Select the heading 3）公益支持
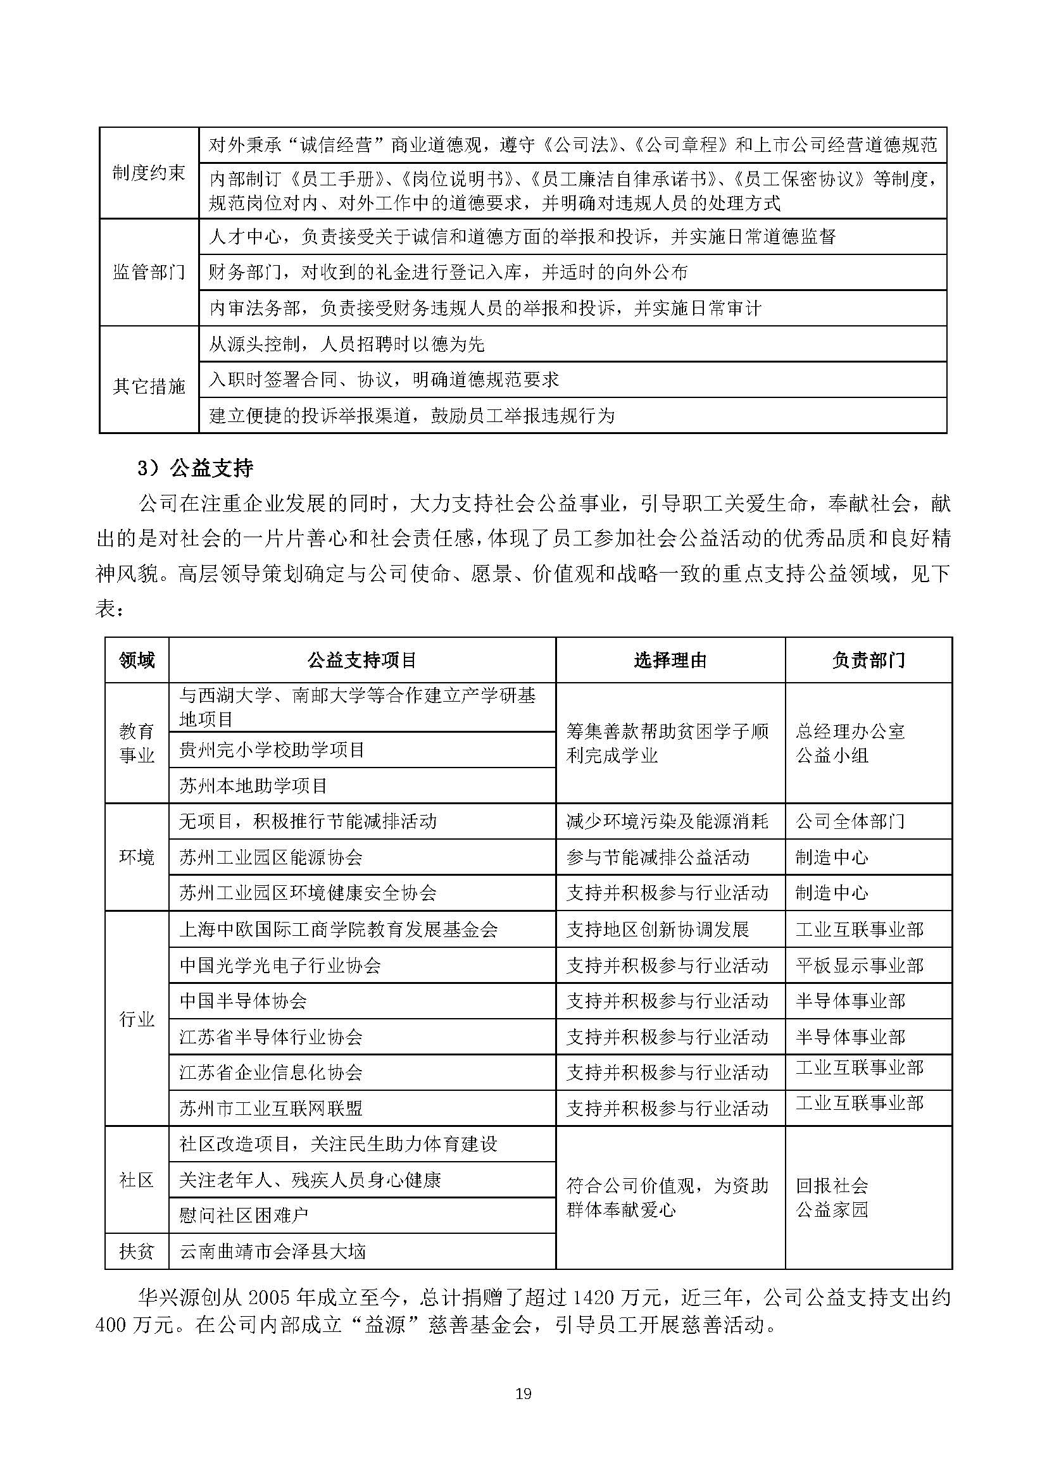pos(195,468)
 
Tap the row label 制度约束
pos(149,173)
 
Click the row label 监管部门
pos(149,273)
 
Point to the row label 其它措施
pos(149,387)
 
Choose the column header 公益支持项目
pos(361,660)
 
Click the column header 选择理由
pos(670,660)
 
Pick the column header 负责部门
pos(868,660)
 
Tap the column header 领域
pos(137,660)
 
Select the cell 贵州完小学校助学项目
pos(272,750)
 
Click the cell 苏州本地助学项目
pos(253,786)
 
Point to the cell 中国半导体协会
pos(243,1001)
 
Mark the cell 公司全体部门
pos(850,821)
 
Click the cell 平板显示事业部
pos(859,965)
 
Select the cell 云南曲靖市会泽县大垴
pos(272,1252)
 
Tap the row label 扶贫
pos(137,1252)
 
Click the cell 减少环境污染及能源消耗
pos(667,821)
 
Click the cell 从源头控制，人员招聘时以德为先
pos(346,344)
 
